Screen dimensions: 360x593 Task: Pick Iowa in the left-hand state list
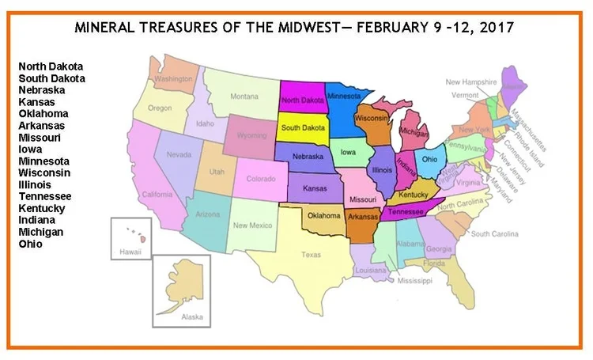pyautogui.click(x=32, y=149)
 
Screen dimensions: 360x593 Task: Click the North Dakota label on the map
pyautogui.click(x=304, y=100)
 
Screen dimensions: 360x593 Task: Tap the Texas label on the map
pyautogui.click(x=311, y=255)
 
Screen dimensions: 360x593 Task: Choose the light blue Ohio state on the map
pyautogui.click(x=429, y=157)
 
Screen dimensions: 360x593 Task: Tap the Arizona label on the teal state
pyautogui.click(x=207, y=214)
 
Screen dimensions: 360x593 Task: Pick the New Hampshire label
pyautogui.click(x=470, y=81)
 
